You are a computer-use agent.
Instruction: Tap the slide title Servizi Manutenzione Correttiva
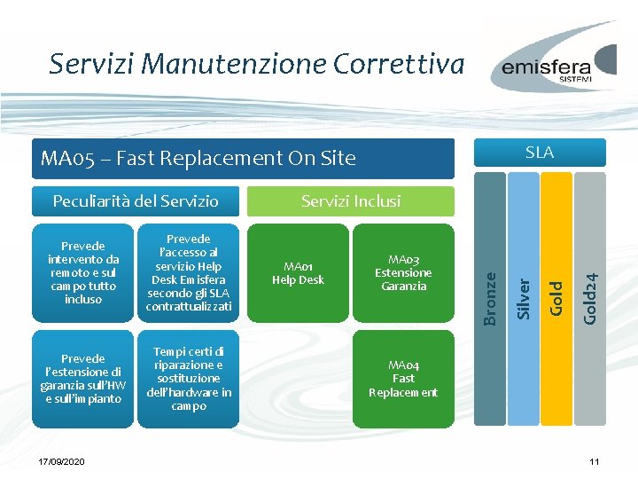257,64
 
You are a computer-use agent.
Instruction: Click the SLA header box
540,153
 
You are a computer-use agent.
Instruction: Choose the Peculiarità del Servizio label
136,200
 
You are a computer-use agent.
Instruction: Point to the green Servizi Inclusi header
351,201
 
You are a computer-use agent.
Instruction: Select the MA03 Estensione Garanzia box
403,273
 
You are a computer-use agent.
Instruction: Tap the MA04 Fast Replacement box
403,379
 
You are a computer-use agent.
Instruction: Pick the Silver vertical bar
524,248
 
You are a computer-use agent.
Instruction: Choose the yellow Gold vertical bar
556,248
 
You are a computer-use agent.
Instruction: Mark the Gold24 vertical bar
590,248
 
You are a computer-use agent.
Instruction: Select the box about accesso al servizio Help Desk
189,273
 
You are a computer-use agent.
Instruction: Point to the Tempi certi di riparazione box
189,379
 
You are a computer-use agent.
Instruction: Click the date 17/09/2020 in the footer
62,463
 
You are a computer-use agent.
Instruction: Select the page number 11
595,463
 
